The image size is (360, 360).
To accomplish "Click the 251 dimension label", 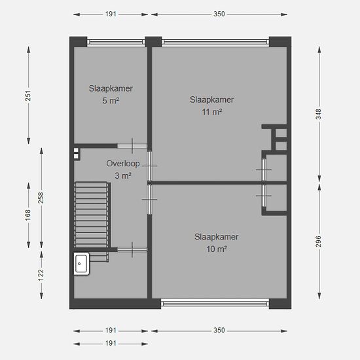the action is [27, 96].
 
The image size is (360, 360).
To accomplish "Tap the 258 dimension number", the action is [41, 198].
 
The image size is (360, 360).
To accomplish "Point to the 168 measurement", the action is [27, 215].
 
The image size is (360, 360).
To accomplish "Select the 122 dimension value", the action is [41, 275].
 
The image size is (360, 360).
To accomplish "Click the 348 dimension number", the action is [319, 114].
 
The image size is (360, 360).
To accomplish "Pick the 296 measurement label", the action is [319, 242].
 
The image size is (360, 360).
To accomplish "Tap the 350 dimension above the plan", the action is [219, 14].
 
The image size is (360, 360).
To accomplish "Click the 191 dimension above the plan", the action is [111, 14].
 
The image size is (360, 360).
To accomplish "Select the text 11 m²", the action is [212, 112].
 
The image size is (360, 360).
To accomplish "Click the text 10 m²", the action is [217, 249].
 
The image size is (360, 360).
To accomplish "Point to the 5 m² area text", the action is [111, 101].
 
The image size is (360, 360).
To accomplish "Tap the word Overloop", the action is [123, 164].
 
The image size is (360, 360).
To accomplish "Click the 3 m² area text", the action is [123, 175].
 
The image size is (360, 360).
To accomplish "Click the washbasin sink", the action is [81, 264].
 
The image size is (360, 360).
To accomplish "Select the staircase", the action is [92, 221].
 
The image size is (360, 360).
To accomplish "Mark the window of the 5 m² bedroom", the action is [116, 42].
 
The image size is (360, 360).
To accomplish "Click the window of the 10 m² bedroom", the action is [215, 304].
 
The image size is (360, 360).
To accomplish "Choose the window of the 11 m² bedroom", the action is [215, 42].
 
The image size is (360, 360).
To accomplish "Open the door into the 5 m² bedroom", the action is [132, 146].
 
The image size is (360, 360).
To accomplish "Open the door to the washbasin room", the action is [132, 249].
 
